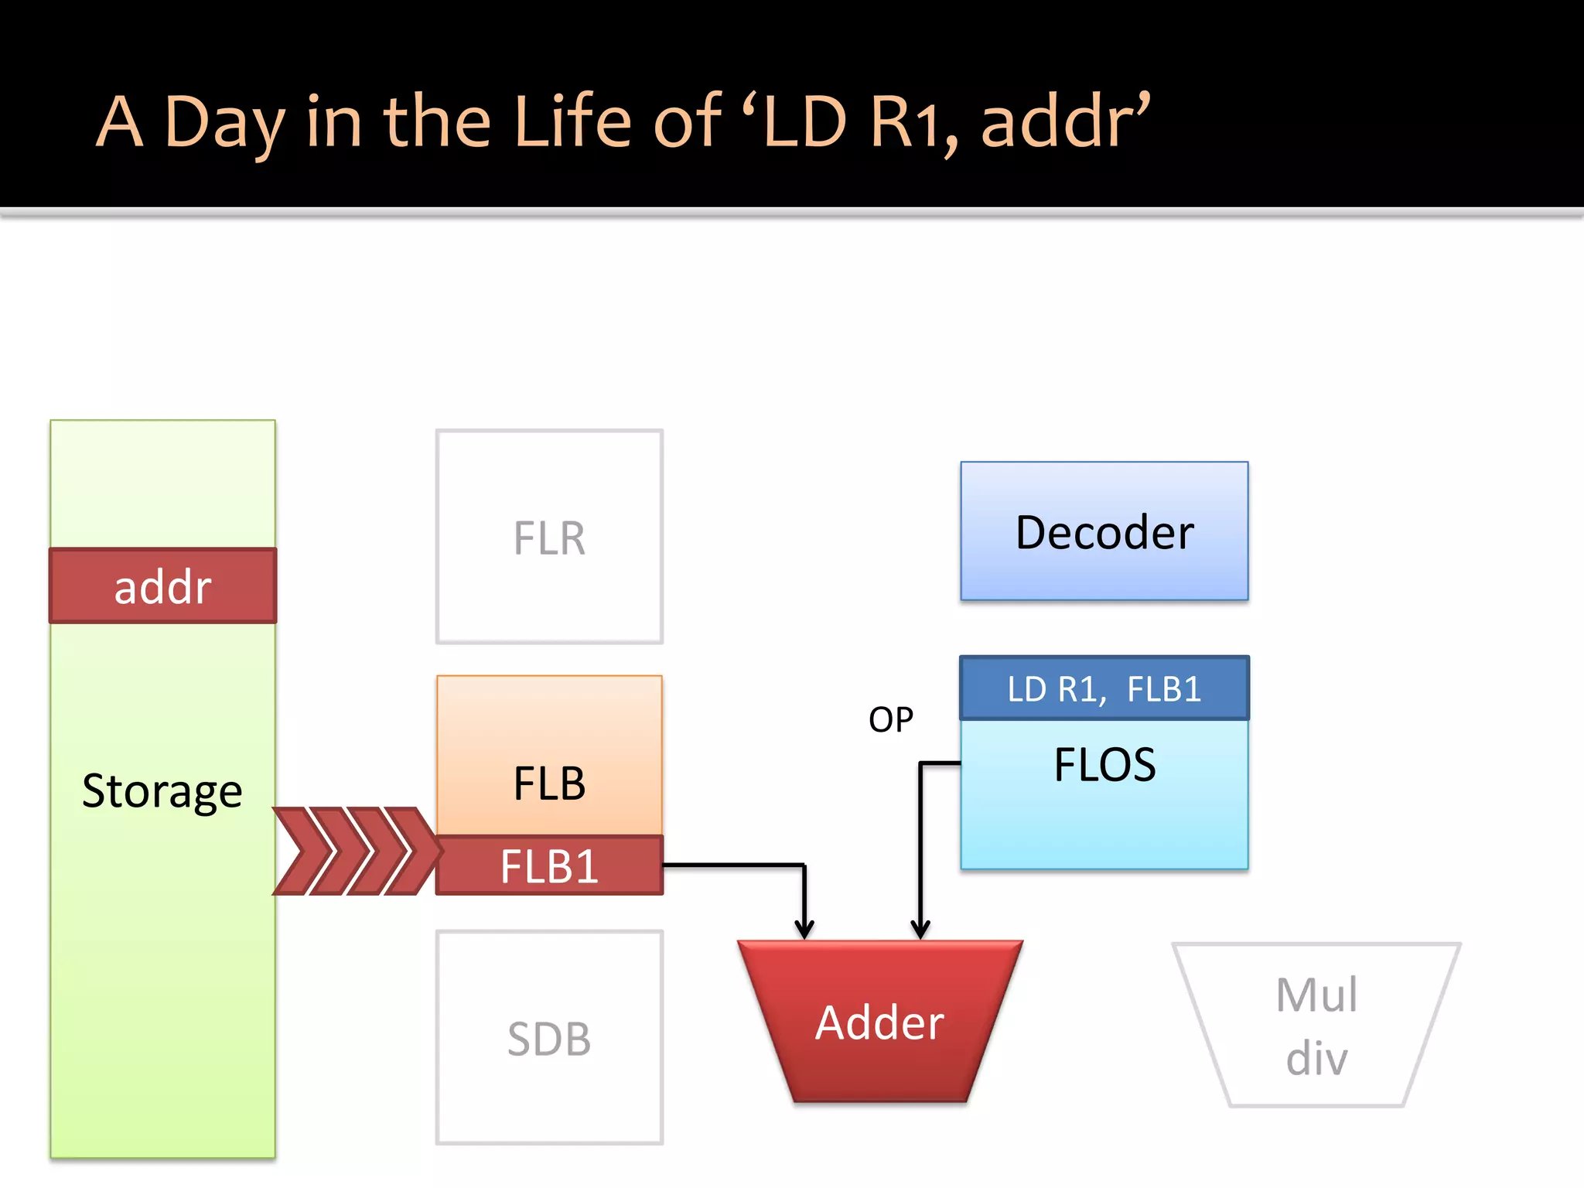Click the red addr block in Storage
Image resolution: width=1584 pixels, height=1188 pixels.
coord(162,586)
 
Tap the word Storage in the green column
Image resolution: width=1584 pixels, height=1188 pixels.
coord(162,790)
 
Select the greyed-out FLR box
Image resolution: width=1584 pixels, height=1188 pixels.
coord(549,537)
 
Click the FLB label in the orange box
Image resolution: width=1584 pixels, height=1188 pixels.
coord(549,783)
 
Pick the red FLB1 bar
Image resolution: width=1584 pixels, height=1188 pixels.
coord(549,866)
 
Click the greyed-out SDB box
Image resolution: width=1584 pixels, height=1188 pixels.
coord(549,1038)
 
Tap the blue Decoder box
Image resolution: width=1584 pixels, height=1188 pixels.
coord(1104,532)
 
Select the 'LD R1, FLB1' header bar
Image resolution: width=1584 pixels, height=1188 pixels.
coord(1104,688)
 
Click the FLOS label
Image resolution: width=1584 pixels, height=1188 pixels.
coord(1104,766)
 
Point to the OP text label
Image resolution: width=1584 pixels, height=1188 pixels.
coord(891,720)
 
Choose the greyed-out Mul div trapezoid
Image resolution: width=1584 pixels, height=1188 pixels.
coord(1316,1026)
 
